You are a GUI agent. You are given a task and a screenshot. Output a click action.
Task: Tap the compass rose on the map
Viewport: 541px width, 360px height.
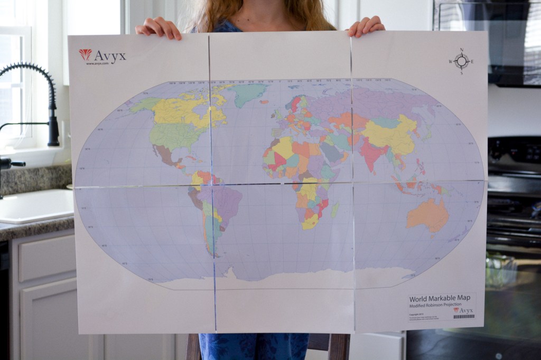(461, 61)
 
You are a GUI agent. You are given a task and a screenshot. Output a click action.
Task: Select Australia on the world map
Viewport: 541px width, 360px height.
(427, 214)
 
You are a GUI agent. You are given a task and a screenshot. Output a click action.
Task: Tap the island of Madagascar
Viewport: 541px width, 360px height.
(334, 210)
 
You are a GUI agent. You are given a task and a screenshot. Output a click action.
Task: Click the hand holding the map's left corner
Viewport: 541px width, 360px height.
(158, 28)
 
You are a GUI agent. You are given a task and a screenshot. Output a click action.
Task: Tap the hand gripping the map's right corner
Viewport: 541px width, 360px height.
(366, 26)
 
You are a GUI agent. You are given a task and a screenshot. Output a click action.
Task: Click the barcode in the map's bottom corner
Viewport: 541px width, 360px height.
(463, 317)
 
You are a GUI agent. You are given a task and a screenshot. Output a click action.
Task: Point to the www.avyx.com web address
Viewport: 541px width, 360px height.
(97, 63)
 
